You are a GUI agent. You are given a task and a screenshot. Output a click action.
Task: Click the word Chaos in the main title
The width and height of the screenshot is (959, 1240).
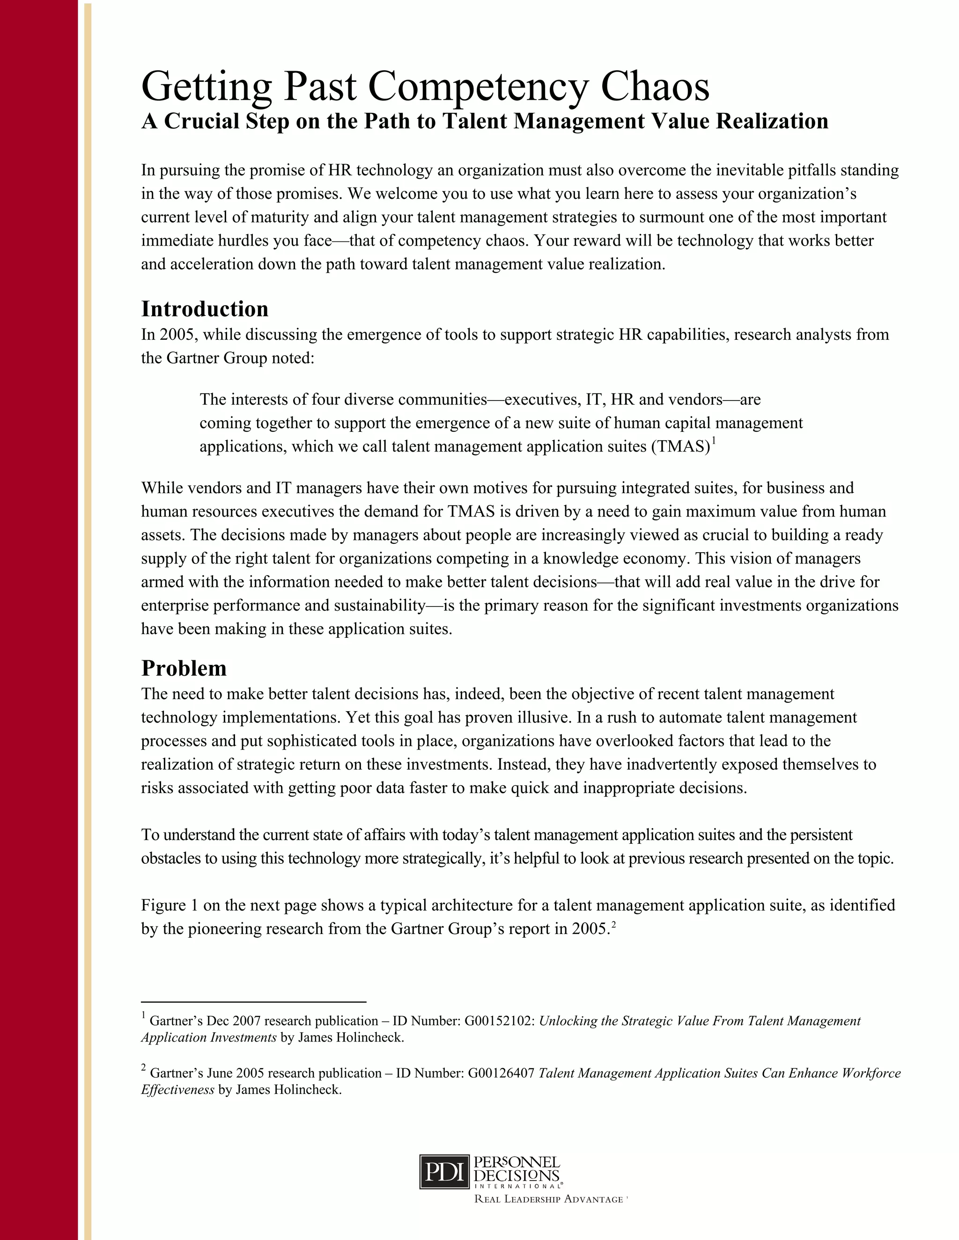pos(655,87)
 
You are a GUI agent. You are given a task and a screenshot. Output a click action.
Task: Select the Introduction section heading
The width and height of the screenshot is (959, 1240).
pos(205,309)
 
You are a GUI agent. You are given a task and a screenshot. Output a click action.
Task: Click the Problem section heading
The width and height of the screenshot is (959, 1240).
pos(184,668)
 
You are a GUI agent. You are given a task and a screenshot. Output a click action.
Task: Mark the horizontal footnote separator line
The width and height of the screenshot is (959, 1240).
pos(253,1002)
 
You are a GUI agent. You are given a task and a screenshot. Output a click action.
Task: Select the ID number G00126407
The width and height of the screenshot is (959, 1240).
pos(501,1073)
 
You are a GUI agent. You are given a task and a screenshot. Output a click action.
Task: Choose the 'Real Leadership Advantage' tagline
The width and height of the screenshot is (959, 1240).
pos(549,1199)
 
